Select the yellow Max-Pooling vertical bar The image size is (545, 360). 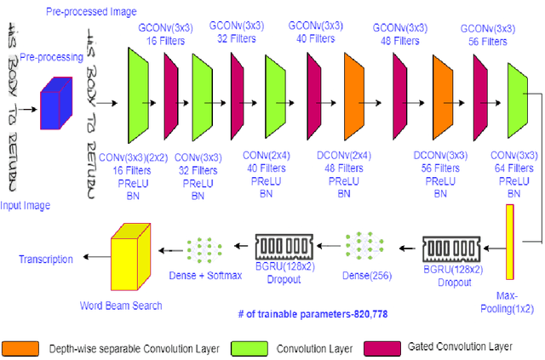pos(510,243)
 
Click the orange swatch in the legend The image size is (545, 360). pos(20,348)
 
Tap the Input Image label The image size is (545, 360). pos(26,205)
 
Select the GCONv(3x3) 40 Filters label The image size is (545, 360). pos(317,32)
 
